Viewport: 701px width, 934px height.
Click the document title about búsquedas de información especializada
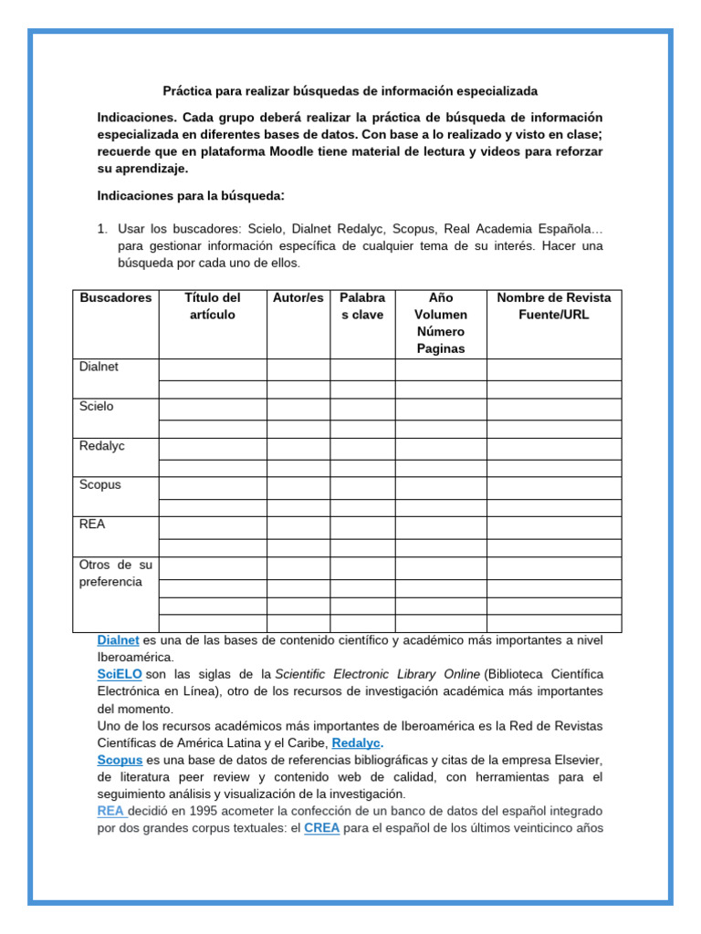pyautogui.click(x=350, y=91)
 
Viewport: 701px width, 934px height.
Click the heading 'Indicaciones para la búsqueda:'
pyautogui.click(x=192, y=196)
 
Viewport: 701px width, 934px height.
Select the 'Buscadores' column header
pyautogui.click(x=116, y=298)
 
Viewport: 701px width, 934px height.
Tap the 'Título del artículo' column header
pyautogui.click(x=212, y=306)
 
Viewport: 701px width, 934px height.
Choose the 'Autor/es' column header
pyautogui.click(x=298, y=298)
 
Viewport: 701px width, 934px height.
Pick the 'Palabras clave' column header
pyautogui.click(x=362, y=306)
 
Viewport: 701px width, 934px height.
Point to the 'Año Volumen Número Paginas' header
pyautogui.click(x=441, y=323)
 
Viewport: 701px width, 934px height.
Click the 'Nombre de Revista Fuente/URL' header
pyautogui.click(x=553, y=306)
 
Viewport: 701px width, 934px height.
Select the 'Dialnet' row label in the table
pyautogui.click(x=99, y=367)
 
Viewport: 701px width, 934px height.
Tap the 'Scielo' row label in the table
pyautogui.click(x=98, y=406)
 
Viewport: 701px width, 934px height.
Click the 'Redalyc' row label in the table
pyautogui.click(x=102, y=445)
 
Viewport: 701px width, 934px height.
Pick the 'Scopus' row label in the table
pyautogui.click(x=100, y=484)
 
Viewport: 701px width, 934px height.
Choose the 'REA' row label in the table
pyautogui.click(x=93, y=524)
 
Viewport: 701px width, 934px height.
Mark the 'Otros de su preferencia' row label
pyautogui.click(x=116, y=573)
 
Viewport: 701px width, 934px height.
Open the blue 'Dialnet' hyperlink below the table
pyautogui.click(x=118, y=640)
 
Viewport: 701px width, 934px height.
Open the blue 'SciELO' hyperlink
pyautogui.click(x=120, y=674)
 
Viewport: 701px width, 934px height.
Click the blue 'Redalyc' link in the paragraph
pyautogui.click(x=356, y=742)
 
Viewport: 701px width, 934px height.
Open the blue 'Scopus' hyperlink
pyautogui.click(x=120, y=760)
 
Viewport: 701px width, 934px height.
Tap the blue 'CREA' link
pyautogui.click(x=321, y=828)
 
